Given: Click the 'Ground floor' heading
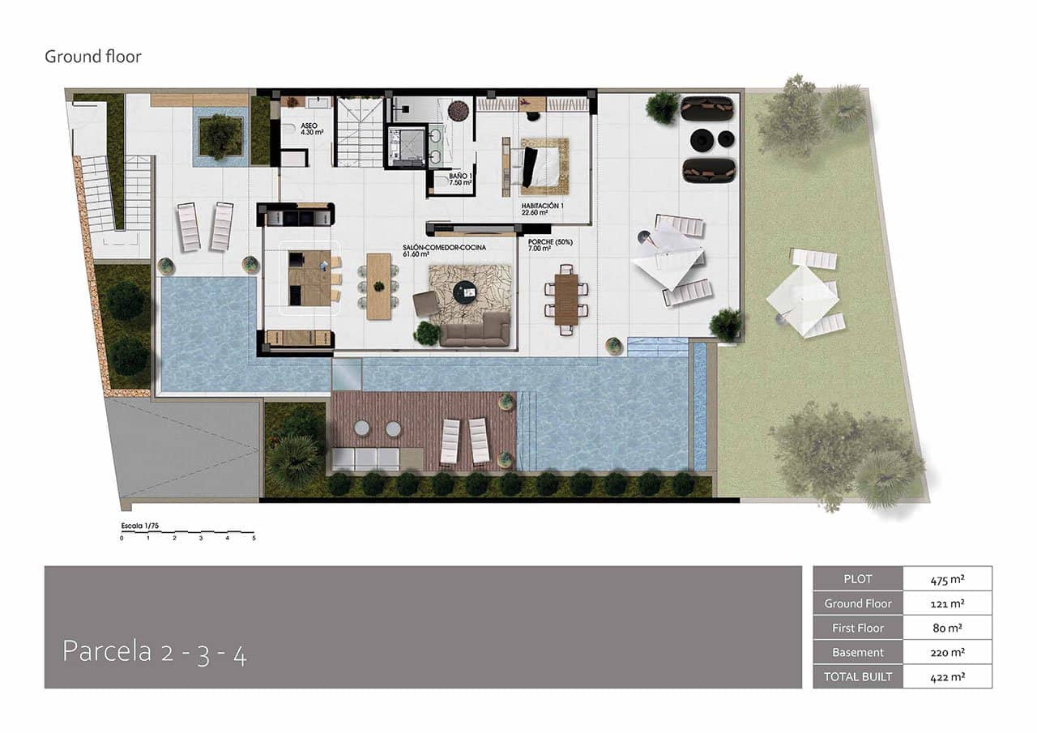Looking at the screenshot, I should click(x=92, y=57).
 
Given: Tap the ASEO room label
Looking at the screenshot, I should click(x=309, y=127).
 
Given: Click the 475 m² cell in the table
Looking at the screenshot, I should click(x=947, y=579).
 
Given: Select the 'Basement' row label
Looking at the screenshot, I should click(x=857, y=652).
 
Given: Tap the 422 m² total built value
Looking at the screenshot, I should click(x=947, y=676).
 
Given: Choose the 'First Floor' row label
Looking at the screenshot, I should click(x=857, y=628).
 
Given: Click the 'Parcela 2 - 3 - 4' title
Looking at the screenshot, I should click(x=155, y=652).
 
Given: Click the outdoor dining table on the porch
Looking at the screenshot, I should click(x=566, y=297).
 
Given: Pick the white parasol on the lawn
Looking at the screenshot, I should click(x=803, y=299).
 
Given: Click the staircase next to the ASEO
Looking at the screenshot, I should click(x=360, y=132).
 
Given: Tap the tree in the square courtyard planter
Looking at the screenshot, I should click(x=220, y=135).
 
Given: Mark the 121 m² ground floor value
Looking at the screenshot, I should click(x=947, y=603).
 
